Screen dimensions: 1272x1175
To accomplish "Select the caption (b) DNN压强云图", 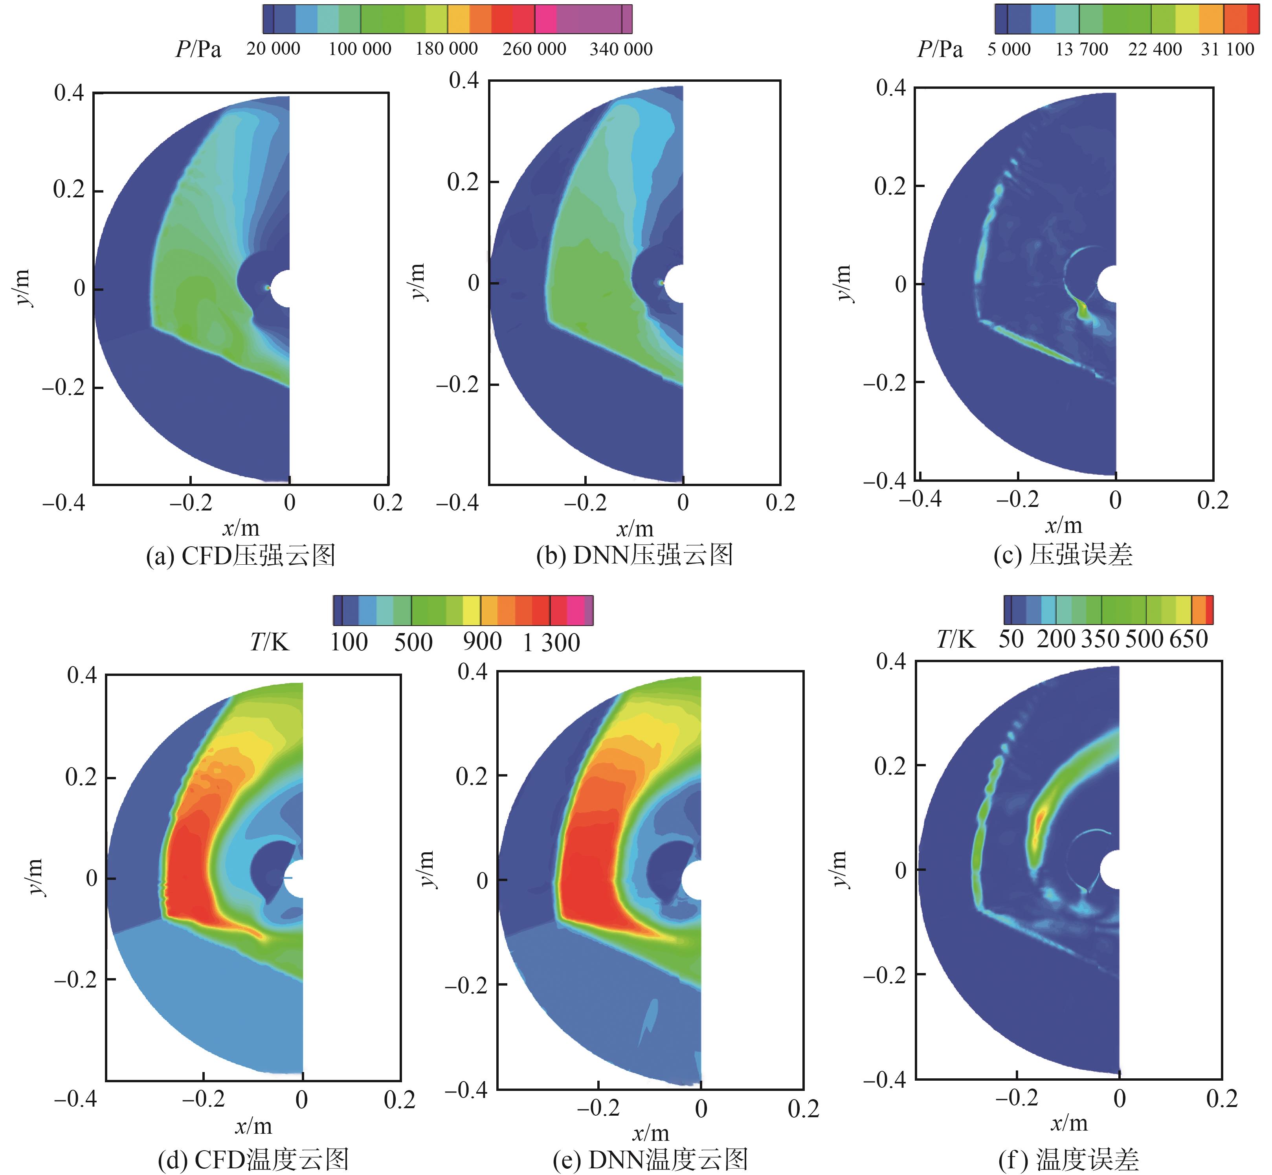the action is tap(634, 555).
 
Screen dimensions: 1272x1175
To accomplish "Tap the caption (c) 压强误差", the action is tap(1063, 554).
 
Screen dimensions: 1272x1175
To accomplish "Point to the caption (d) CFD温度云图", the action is tap(253, 1159).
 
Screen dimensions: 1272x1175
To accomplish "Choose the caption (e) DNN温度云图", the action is tap(650, 1159).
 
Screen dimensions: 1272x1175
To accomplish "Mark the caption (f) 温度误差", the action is tap(1068, 1159).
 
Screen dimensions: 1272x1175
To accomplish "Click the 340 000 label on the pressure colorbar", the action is tap(621, 49).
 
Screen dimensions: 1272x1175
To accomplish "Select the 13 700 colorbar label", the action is tap(1082, 49).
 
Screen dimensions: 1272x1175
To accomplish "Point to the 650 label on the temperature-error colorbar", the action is tap(1188, 638).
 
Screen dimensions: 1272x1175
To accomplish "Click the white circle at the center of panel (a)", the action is tap(280, 289).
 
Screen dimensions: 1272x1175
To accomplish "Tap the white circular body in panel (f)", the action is tap(1110, 869).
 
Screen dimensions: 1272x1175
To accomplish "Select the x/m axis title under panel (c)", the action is tap(1063, 525).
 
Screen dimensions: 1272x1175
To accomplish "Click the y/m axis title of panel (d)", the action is tap(36, 877).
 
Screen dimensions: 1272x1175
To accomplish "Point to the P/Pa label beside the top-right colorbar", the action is tap(940, 49).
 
